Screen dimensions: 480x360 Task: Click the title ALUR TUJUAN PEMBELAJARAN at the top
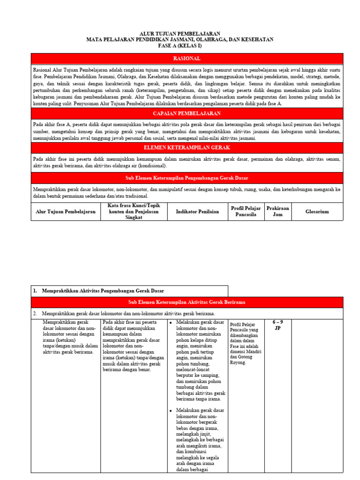(180, 34)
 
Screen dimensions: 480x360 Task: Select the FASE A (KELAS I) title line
(180, 45)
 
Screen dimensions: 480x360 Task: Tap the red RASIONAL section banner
(187, 59)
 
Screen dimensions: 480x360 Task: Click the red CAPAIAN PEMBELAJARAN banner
(187, 113)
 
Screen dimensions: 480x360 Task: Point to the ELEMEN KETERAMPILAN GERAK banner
(187, 148)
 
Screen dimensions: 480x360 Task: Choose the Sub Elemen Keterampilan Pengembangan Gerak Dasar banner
(187, 178)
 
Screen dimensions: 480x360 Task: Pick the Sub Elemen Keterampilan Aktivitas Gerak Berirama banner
(187, 302)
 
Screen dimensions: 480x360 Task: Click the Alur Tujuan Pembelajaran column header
(66, 211)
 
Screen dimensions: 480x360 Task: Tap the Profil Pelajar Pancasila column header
(246, 211)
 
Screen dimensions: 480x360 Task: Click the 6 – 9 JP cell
(277, 325)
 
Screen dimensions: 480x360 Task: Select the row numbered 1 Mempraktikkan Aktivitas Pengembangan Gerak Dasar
(103, 291)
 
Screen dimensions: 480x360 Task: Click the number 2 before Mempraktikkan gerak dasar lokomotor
(35, 313)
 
